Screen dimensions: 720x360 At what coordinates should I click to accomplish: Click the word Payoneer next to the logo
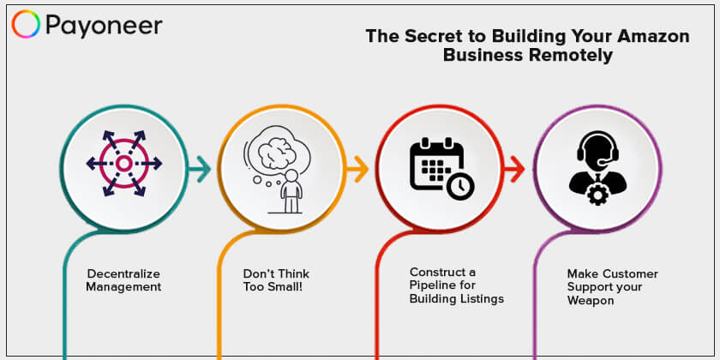click(x=104, y=26)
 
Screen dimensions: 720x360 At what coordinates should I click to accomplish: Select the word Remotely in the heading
click(x=570, y=56)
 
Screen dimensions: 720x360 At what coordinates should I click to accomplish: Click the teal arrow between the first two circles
click(x=199, y=169)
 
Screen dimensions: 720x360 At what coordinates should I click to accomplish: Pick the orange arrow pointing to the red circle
click(x=357, y=169)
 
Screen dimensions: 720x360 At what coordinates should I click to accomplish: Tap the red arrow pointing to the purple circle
click(x=514, y=169)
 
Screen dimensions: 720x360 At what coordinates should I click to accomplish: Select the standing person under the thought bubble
click(x=291, y=191)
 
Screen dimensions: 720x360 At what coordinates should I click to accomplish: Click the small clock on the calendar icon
click(x=460, y=185)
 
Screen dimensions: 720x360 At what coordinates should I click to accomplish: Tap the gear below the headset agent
click(x=597, y=196)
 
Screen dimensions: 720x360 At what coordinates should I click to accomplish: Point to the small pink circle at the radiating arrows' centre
click(x=123, y=163)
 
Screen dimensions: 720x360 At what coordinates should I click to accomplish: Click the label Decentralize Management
click(x=123, y=280)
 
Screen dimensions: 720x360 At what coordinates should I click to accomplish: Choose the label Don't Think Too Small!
click(x=276, y=280)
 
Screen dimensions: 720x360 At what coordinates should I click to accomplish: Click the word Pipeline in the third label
click(x=429, y=285)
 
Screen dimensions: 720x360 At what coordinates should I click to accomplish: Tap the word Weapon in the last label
click(x=591, y=301)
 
